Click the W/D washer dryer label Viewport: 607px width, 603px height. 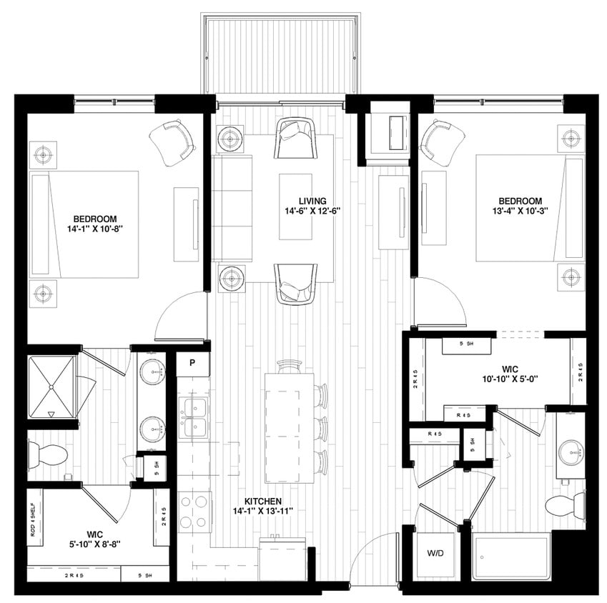[435, 552]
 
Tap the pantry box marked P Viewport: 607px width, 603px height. [192, 363]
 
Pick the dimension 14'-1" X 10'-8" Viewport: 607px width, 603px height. [94, 229]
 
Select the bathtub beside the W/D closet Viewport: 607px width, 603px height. [510, 558]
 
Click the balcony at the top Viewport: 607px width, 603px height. [280, 56]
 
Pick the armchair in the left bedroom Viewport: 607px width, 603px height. [172, 143]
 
